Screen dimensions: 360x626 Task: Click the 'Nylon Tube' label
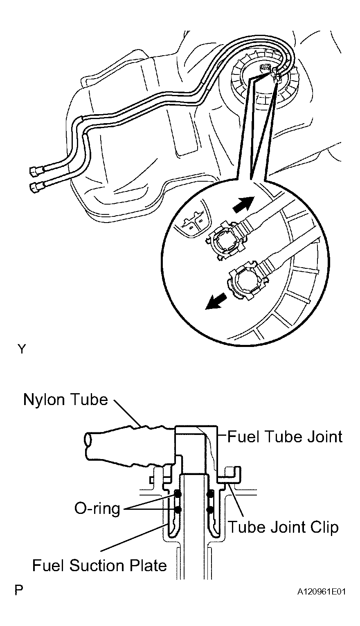[65, 400]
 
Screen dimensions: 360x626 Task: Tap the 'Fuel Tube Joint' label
[285, 437]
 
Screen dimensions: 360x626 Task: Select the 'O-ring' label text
[97, 508]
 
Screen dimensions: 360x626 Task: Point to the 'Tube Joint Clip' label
[283, 527]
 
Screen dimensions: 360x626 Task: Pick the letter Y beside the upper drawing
[22, 349]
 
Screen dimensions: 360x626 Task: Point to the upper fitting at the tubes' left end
[36, 171]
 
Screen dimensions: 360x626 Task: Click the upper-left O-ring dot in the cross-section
[178, 494]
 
